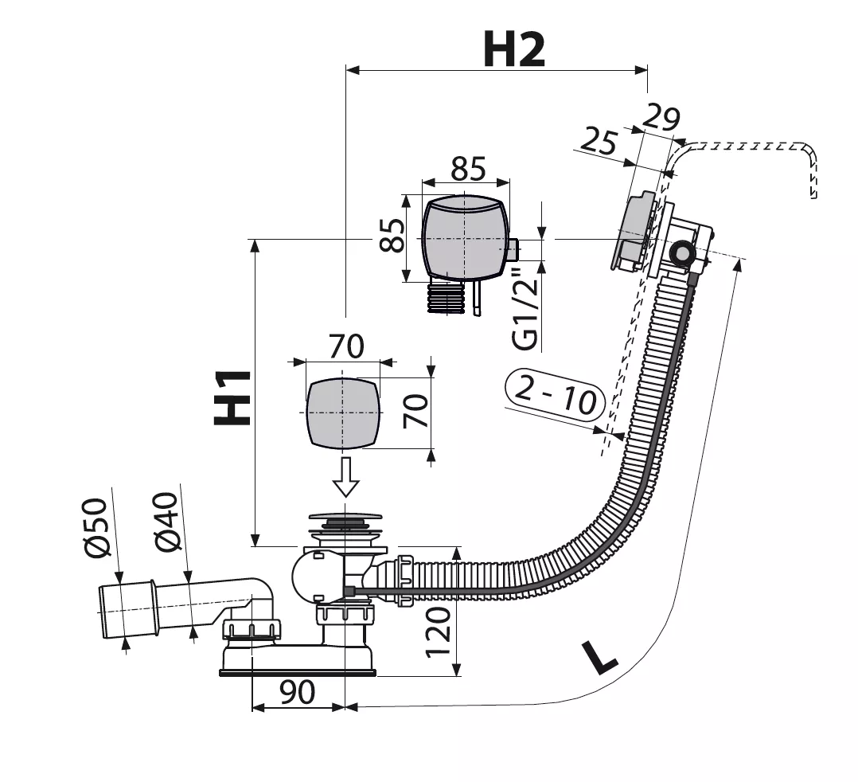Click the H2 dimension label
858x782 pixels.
pyautogui.click(x=514, y=49)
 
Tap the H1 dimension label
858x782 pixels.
pyautogui.click(x=232, y=398)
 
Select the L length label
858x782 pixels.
pyautogui.click(x=599, y=657)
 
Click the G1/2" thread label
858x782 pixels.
pyautogui.click(x=525, y=306)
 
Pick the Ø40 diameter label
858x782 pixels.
pyautogui.click(x=166, y=522)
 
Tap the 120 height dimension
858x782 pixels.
pyautogui.click(x=438, y=631)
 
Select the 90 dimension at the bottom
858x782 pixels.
pyautogui.click(x=297, y=692)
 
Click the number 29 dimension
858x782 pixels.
pyautogui.click(x=661, y=117)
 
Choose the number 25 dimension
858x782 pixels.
pyautogui.click(x=599, y=141)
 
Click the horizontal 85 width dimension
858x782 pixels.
pyautogui.click(x=468, y=169)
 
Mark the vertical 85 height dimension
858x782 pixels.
pyautogui.click(x=392, y=235)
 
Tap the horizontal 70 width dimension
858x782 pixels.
pyautogui.click(x=346, y=346)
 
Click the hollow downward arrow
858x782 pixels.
pyautogui.click(x=345, y=477)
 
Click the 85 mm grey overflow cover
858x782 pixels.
pyautogui.click(x=466, y=238)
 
